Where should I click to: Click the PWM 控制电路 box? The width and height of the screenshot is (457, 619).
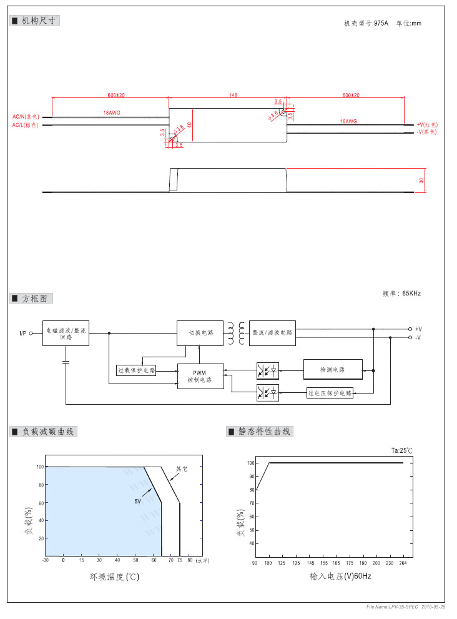(x=200, y=376)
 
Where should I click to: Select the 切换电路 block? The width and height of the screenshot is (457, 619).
(x=200, y=333)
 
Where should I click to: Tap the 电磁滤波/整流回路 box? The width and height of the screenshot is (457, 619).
(x=66, y=333)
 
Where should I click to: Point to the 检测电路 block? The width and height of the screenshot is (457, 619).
(x=333, y=370)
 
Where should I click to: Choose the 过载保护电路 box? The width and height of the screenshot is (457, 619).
(x=136, y=370)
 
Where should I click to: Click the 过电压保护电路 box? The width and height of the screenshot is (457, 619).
(x=330, y=393)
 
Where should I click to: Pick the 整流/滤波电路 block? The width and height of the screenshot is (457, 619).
(x=272, y=333)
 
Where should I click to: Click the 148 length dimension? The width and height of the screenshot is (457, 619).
(x=233, y=95)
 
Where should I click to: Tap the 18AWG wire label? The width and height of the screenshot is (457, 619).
(x=112, y=112)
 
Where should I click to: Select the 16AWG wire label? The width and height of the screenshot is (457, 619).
(x=348, y=121)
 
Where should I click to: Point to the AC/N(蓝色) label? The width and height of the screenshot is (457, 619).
(x=26, y=117)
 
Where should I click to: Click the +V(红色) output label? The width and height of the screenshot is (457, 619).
(x=428, y=125)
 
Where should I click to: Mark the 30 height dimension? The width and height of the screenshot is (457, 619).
(x=421, y=181)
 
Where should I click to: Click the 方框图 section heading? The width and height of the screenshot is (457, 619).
(x=34, y=299)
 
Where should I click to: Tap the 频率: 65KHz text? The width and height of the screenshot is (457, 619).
(x=401, y=293)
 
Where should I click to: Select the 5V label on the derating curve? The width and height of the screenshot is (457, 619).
(x=137, y=501)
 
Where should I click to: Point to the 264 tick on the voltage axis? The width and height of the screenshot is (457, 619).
(x=403, y=563)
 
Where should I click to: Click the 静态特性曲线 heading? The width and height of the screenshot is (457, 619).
(x=264, y=432)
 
